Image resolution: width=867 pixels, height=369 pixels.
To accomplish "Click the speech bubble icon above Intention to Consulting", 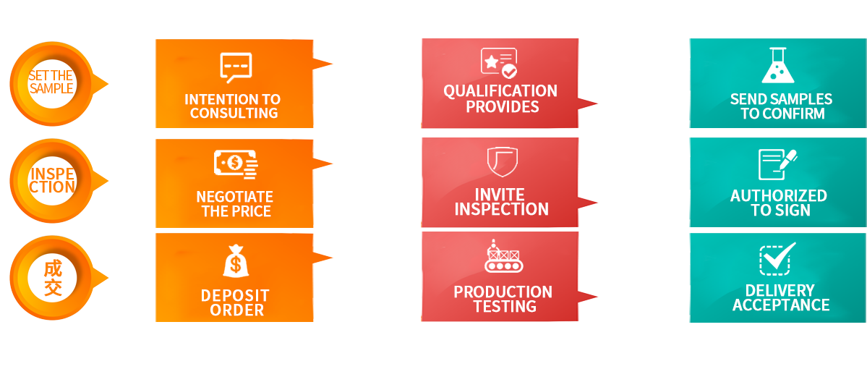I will coord(235,68).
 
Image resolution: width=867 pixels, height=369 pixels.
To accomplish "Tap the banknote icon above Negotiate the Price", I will coord(235,164).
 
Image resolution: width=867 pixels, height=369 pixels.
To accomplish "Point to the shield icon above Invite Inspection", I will coord(501,161).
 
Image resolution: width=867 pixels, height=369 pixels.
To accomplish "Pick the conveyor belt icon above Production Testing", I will coord(503,257).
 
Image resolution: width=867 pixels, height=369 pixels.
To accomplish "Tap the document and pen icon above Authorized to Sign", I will coord(777,164).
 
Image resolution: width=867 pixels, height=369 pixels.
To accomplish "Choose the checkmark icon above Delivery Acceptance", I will coord(777,259).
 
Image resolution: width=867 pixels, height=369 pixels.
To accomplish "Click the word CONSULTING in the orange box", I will coord(234,114).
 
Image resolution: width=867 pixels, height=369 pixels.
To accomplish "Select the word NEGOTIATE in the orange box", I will coord(234,197).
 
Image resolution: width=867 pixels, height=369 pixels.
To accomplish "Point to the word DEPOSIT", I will coord(235,295).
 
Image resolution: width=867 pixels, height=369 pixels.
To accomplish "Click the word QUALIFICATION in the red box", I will coord(500,91).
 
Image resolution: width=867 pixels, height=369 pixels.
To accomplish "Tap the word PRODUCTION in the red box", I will coord(503,292).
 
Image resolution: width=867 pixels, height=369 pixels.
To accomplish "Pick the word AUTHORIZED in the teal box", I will coord(778,196).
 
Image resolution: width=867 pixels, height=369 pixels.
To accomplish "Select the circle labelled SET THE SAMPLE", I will coord(52,83).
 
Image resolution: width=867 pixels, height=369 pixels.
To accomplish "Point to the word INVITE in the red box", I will coord(500,195).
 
